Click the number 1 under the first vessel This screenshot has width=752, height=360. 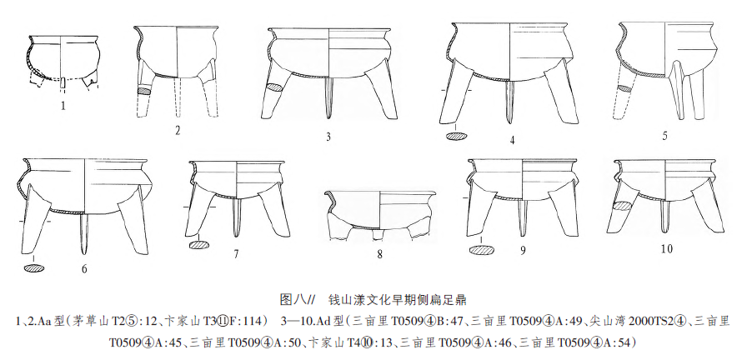click(x=63, y=106)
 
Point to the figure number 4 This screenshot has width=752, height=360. click(x=512, y=139)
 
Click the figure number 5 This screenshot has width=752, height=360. click(x=664, y=134)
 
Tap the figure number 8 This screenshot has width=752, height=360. click(x=379, y=253)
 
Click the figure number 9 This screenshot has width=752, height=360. click(x=522, y=249)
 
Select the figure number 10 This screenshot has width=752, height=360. click(x=666, y=248)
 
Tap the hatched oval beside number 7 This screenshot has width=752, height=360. click(x=200, y=245)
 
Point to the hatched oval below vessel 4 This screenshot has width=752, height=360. click(x=457, y=136)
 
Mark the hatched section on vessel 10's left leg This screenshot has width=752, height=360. click(x=622, y=205)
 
